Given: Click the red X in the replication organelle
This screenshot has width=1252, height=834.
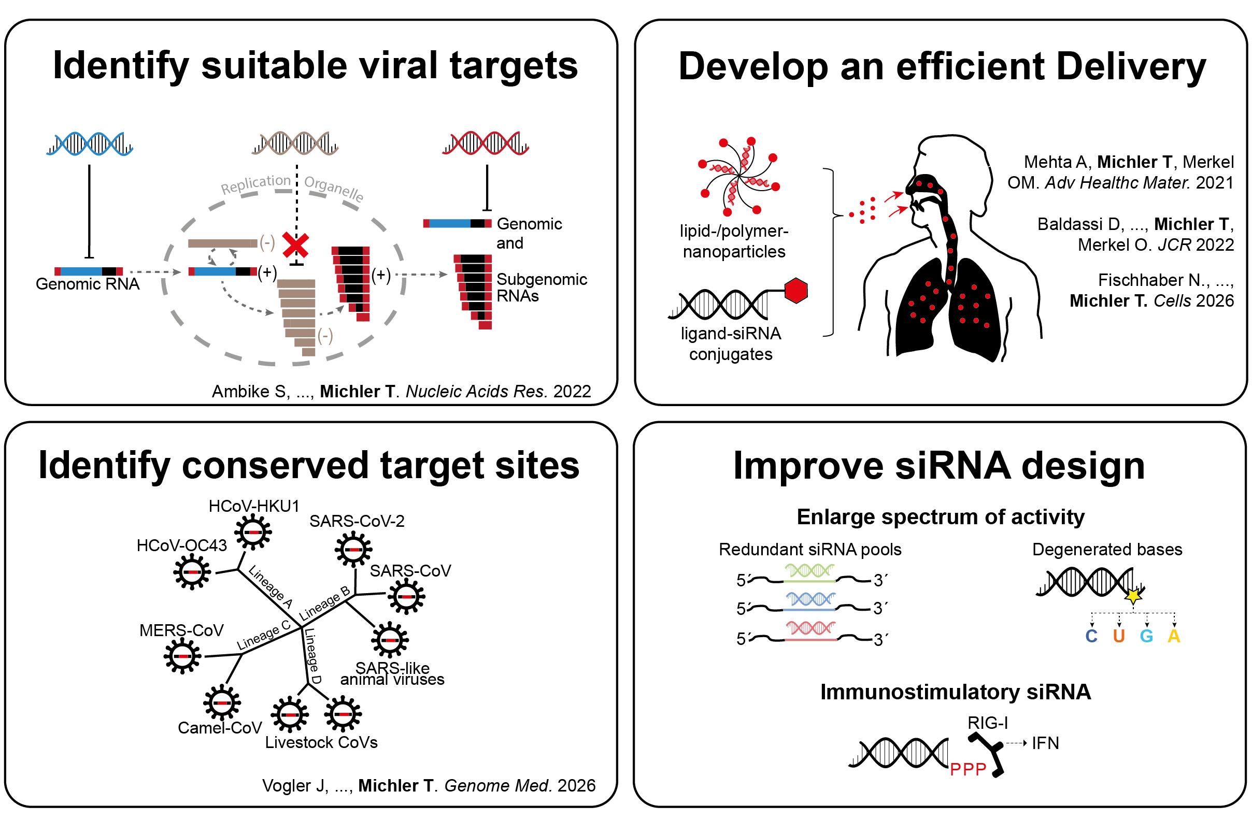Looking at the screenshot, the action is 295,246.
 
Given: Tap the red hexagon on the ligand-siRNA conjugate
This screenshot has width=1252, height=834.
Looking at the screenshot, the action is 795,291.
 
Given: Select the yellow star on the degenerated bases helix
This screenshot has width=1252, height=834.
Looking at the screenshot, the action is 1133,595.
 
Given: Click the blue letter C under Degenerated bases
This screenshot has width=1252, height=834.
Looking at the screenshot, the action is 1091,636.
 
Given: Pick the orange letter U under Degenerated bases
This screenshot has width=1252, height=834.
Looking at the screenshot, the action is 1118,636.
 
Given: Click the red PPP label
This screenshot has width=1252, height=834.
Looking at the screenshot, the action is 968,769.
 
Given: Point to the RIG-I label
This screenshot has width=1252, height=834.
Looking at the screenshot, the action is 987,722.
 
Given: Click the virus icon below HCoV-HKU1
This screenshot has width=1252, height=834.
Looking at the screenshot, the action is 253,532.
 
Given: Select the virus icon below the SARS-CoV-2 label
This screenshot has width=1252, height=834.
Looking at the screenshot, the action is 353,549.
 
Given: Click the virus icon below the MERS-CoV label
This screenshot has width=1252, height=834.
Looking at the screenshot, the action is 182,656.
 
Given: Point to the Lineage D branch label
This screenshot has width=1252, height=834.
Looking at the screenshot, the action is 312,655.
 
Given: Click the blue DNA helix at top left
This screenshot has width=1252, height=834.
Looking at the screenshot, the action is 89,143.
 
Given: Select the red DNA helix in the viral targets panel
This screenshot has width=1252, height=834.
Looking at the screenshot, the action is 485,142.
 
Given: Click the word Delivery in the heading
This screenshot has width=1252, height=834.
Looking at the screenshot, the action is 1131,67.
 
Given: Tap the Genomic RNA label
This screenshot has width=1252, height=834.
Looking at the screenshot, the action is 88,283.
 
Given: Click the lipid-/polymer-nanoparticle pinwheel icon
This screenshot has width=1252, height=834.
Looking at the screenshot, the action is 738,176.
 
